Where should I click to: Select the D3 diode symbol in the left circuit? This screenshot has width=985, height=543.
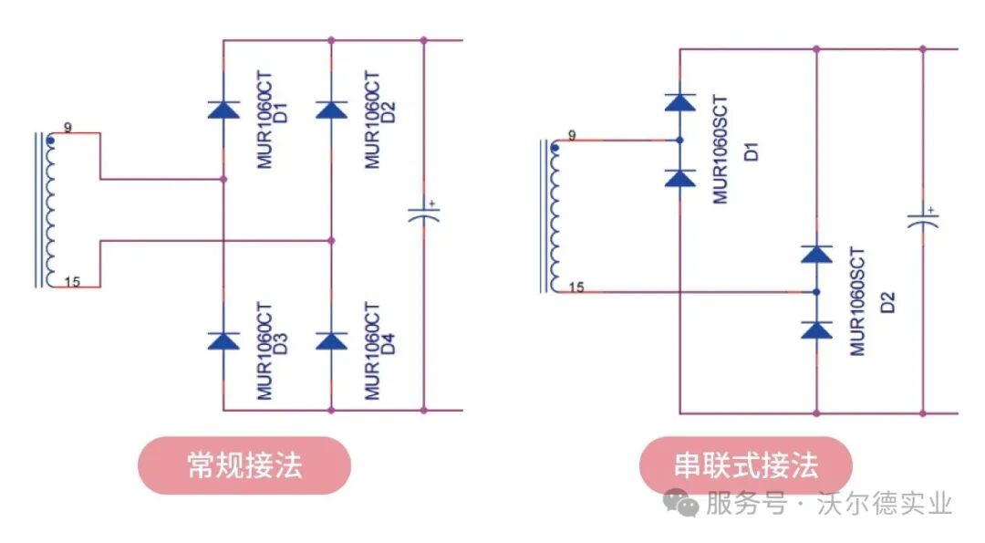(223, 340)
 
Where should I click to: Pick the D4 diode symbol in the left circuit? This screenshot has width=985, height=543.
(332, 340)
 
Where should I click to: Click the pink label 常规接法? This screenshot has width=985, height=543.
(244, 465)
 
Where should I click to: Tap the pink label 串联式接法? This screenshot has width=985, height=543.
(745, 465)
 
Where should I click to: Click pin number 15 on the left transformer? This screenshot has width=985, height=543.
(73, 281)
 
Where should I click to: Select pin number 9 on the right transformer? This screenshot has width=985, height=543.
(572, 135)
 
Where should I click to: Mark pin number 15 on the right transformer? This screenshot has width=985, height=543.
(575, 287)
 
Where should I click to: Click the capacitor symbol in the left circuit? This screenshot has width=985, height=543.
(423, 215)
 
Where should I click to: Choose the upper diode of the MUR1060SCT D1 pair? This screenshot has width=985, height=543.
(679, 101)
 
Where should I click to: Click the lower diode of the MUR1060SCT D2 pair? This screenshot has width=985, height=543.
(816, 329)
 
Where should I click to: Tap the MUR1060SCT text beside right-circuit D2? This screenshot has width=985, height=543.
(857, 301)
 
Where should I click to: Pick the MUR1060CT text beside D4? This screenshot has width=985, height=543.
(371, 350)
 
